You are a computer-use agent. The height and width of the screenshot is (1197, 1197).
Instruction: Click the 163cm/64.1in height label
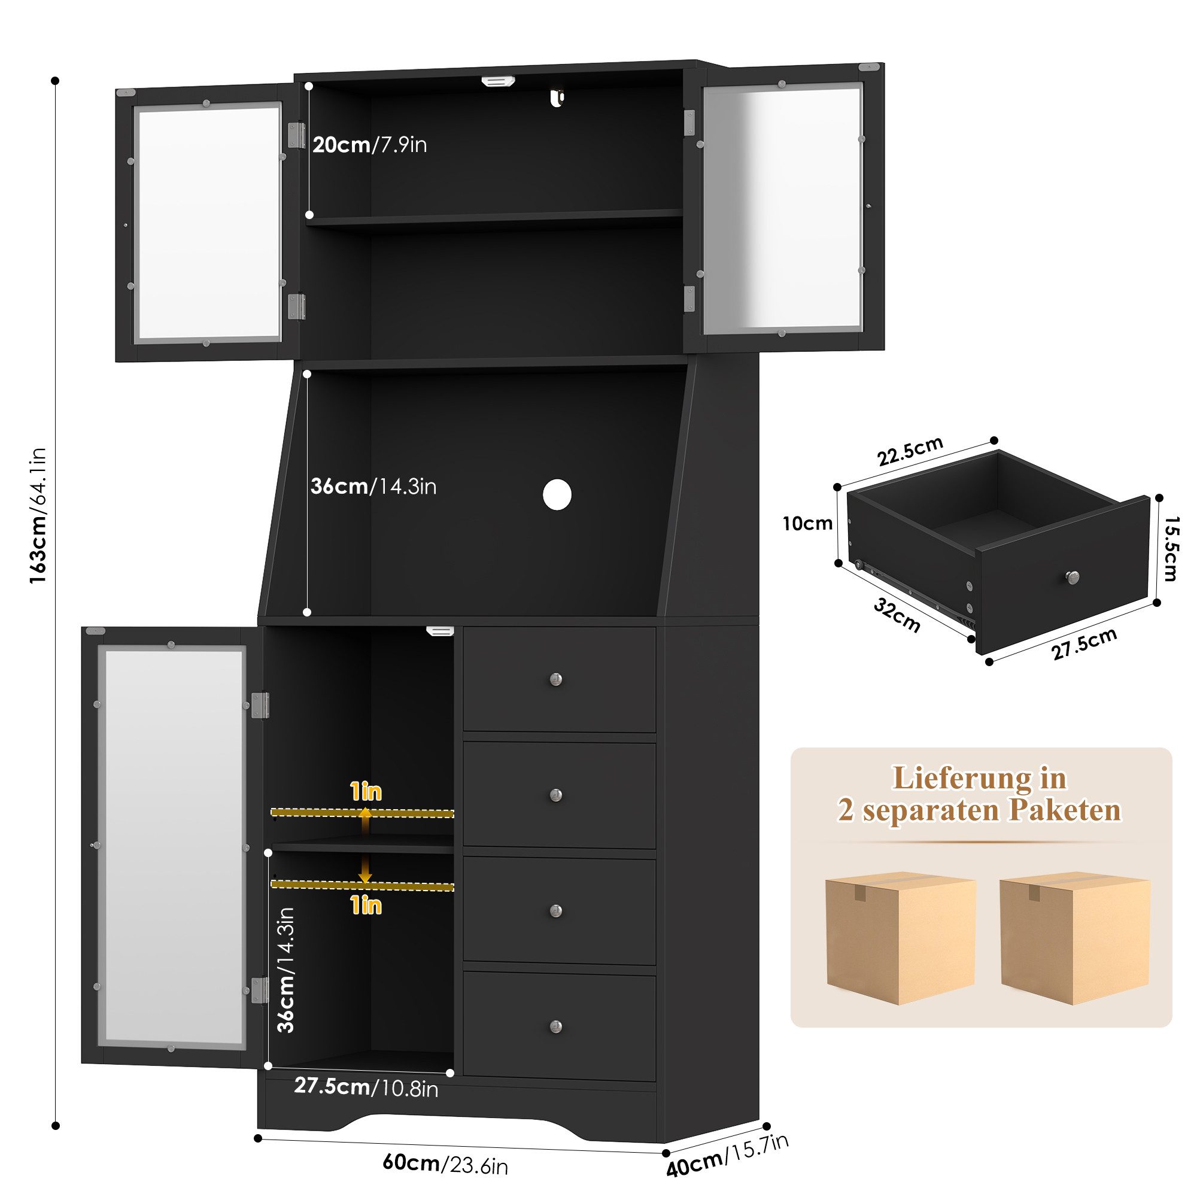coord(38,515)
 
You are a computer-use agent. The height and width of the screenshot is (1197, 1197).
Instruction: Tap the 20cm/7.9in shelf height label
coord(370,145)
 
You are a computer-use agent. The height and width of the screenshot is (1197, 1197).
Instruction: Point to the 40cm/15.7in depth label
coord(727,1156)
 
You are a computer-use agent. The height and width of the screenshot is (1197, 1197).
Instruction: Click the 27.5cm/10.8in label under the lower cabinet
coord(366,1087)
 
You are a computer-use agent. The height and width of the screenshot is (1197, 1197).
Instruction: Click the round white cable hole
coord(557,494)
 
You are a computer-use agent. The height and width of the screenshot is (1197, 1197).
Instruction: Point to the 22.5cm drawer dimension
coord(910,451)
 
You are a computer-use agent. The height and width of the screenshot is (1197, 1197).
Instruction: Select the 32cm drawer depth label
coord(897,615)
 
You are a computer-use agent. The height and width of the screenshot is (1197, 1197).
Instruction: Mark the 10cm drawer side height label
coord(807,524)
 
